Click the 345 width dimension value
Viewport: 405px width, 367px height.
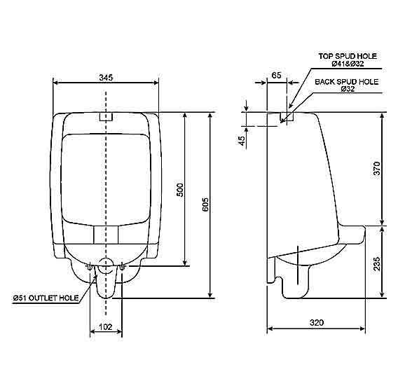[x=106, y=76]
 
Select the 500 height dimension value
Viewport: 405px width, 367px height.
[x=179, y=190]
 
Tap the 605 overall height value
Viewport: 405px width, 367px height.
[x=205, y=204]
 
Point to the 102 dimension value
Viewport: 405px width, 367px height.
[x=106, y=326]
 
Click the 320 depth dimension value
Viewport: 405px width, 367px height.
[x=316, y=322]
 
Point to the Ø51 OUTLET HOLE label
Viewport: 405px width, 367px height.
[x=46, y=298]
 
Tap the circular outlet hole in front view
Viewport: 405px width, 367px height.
[x=106, y=266]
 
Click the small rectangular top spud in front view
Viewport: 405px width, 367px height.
[x=106, y=116]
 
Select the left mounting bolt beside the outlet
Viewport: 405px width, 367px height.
[x=90, y=266]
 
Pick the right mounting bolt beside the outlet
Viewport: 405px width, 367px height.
[x=122, y=266]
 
